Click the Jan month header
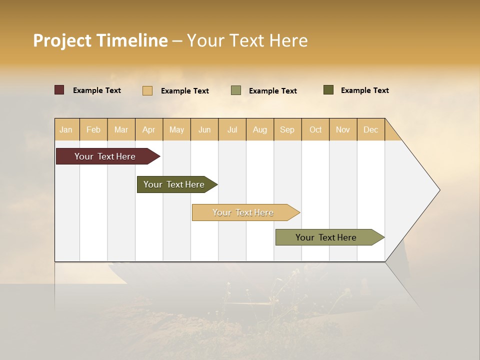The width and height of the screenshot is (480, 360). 66,129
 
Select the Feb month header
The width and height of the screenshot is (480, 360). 93,129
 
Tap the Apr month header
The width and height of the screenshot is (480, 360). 149,129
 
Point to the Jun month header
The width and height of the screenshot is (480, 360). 204,129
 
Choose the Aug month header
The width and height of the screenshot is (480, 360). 260,129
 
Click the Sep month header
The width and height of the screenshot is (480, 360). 287,129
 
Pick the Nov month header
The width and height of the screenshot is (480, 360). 343,129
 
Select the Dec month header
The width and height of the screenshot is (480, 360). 371,129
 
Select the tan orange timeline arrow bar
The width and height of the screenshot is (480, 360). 243,212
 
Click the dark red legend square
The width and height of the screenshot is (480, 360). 59,90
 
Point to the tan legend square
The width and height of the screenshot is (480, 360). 147,90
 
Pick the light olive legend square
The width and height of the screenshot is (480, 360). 236,90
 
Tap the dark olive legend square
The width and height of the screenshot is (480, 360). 328,90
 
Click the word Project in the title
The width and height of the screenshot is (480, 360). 63,40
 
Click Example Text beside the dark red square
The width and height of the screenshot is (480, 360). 97,90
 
